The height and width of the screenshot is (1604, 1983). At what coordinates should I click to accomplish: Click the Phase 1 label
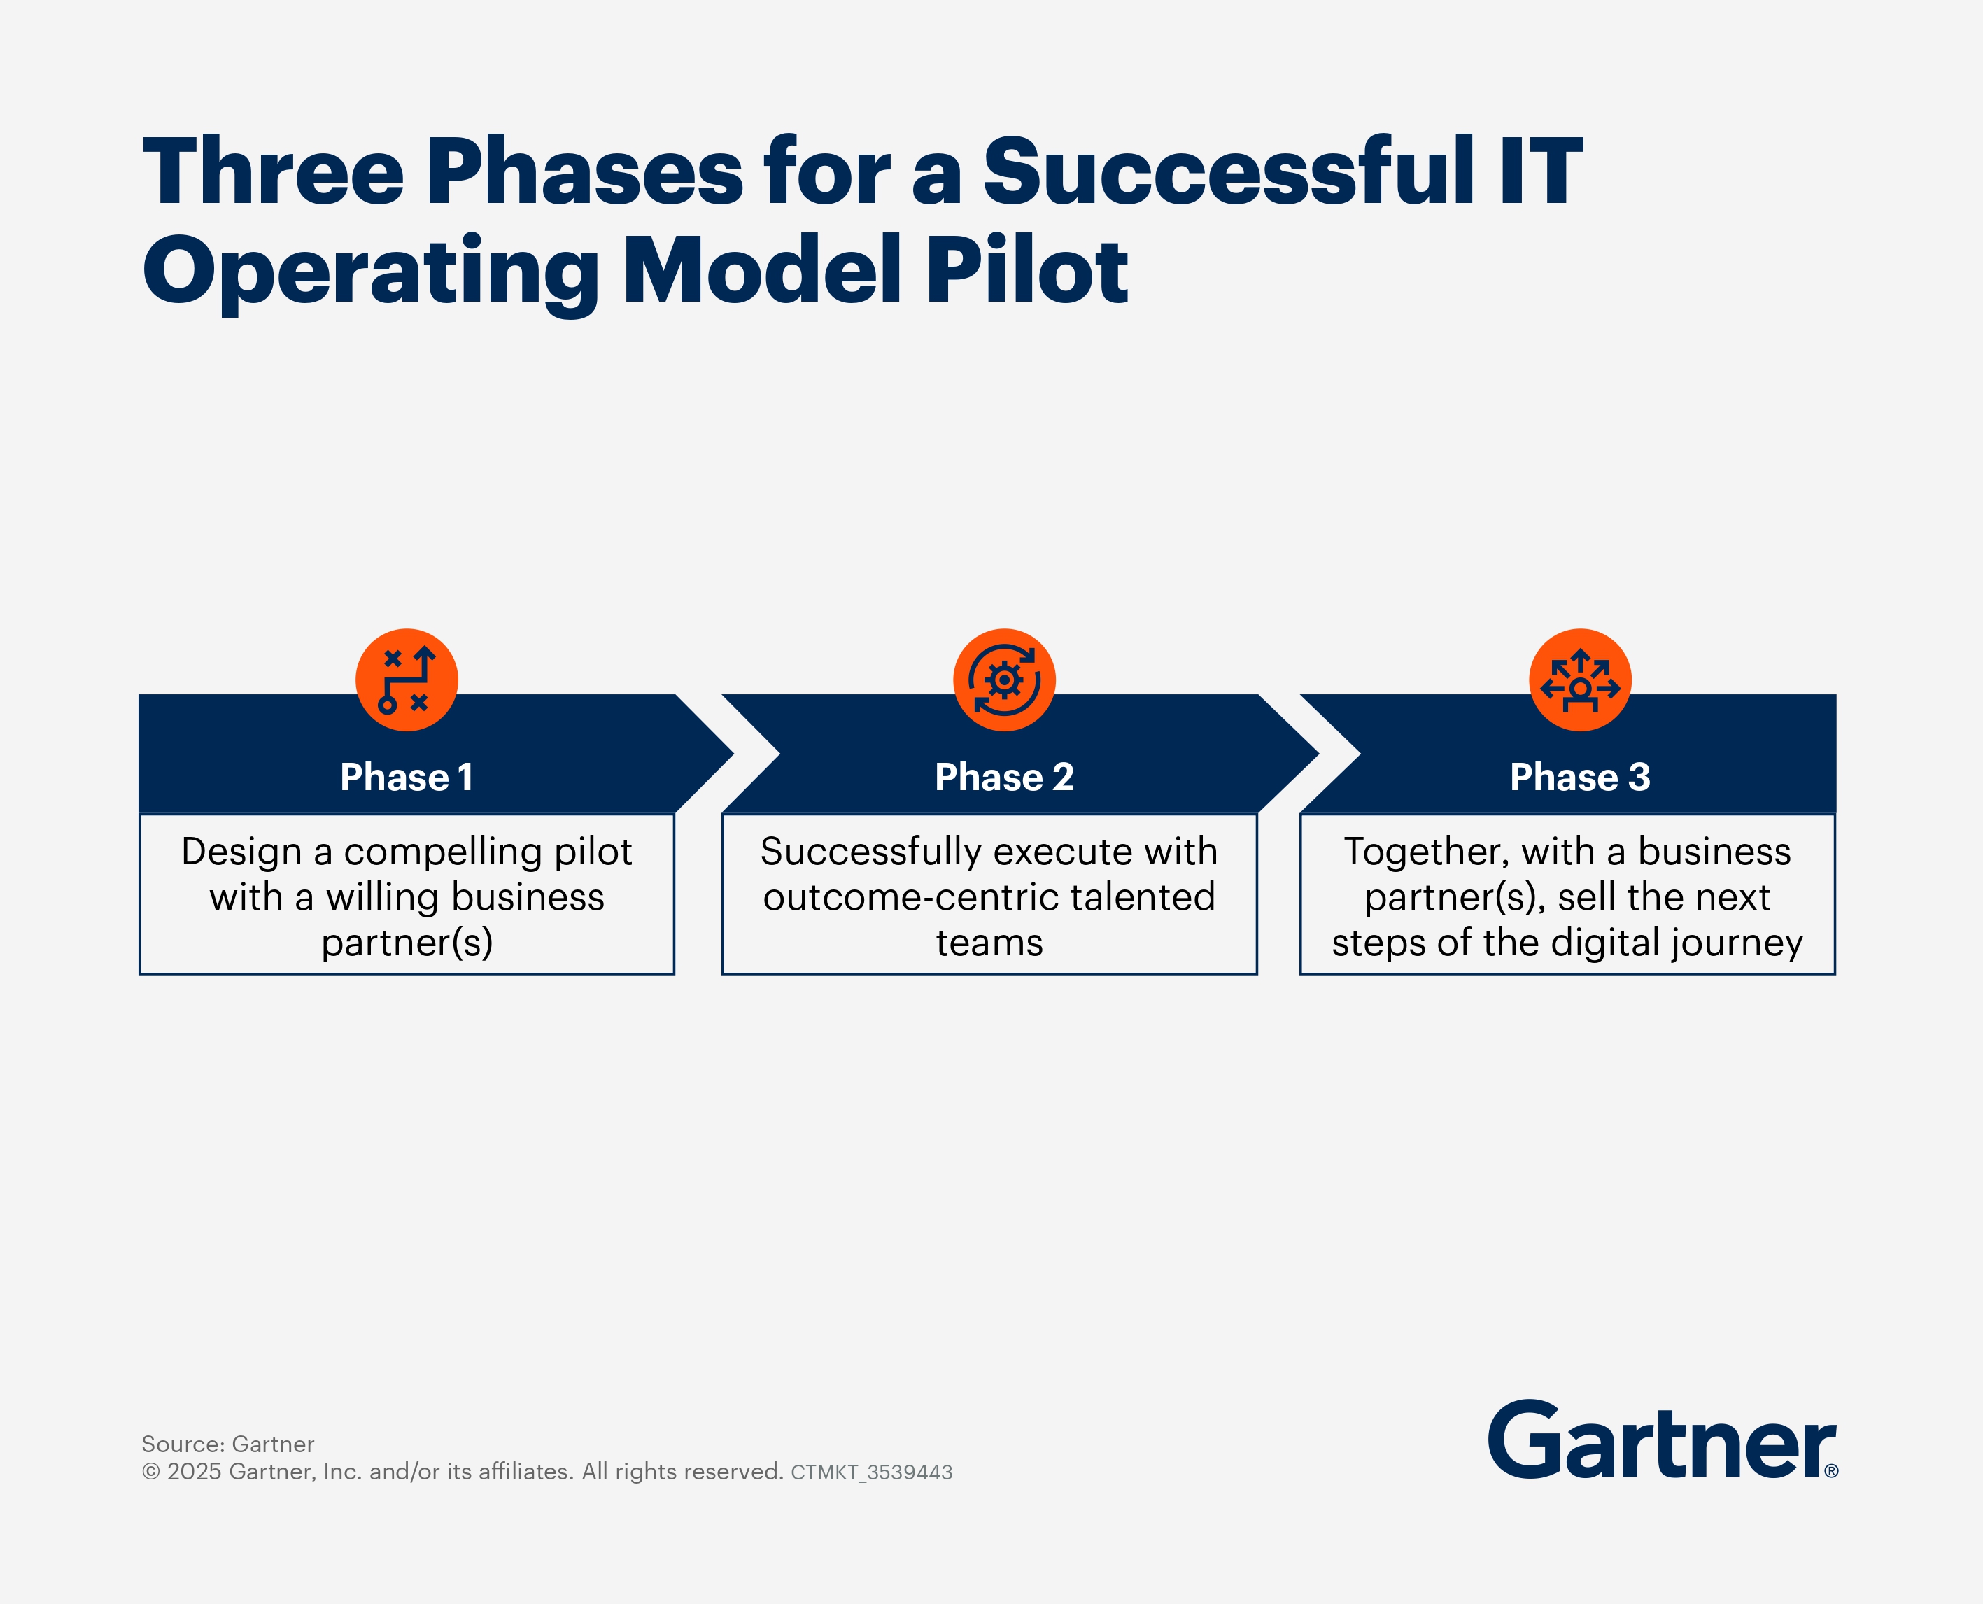[407, 777]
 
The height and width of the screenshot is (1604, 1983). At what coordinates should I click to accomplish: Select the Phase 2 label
[1004, 777]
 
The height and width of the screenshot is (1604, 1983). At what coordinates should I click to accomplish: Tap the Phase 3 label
[1579, 777]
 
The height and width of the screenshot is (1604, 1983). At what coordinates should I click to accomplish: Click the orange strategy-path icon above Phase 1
[407, 680]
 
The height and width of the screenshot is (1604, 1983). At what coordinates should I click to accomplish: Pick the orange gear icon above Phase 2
[1004, 680]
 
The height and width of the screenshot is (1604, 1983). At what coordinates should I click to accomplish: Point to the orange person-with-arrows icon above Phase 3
[1579, 680]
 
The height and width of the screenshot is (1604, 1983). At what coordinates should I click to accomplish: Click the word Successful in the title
[1229, 173]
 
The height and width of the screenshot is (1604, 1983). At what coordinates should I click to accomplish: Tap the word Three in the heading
[274, 173]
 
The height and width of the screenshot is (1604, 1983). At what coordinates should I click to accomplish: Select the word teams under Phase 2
[989, 943]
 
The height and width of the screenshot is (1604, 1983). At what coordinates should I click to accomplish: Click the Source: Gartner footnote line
[227, 1444]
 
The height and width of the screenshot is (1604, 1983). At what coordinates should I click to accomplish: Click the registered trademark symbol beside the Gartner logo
[1830, 1471]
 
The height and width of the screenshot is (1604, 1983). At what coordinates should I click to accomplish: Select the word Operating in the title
[369, 272]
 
